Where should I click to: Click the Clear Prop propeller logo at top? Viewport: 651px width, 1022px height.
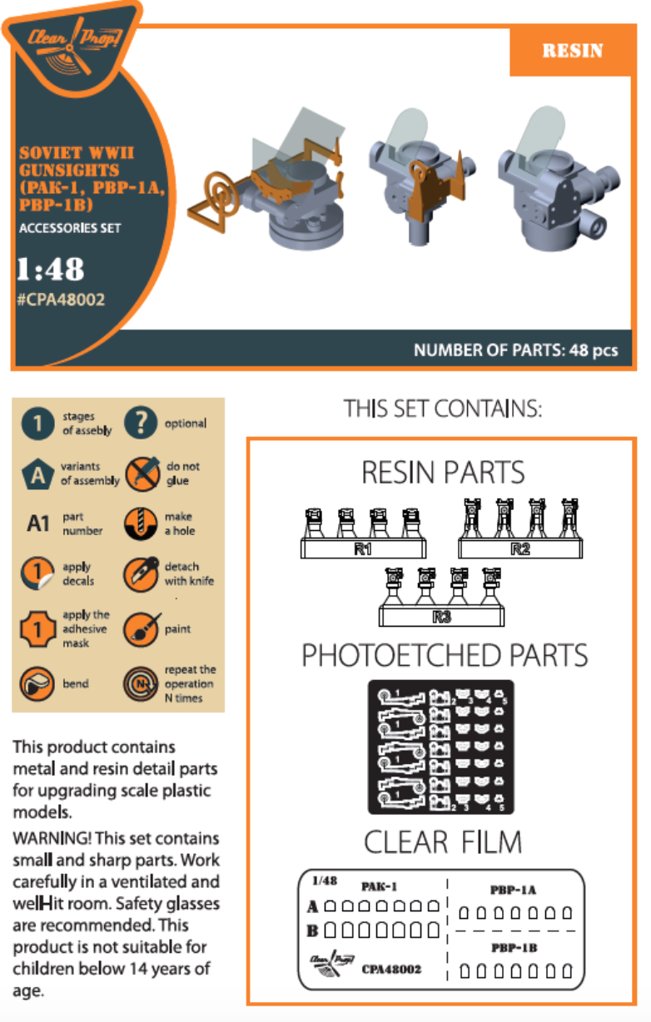73,47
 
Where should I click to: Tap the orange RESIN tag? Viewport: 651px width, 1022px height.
572,51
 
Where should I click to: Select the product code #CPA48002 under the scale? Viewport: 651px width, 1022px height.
61,300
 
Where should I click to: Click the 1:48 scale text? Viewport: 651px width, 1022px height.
50,269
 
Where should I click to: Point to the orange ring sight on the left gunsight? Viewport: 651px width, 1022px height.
222,191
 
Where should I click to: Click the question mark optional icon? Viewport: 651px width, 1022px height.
141,423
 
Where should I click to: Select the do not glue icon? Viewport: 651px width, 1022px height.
142,474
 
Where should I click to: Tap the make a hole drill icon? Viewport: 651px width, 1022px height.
141,523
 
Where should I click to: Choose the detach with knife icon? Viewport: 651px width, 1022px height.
141,574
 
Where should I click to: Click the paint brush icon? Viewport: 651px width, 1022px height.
142,629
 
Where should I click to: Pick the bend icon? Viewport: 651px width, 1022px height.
37,684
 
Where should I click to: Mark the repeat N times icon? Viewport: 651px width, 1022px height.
141,684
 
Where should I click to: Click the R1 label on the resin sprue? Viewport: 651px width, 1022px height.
363,549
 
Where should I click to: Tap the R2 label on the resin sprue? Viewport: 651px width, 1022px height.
520,549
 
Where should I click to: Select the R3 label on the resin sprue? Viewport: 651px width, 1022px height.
441,618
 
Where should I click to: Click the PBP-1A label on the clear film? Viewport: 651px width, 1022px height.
513,890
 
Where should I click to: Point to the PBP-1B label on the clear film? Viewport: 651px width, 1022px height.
514,948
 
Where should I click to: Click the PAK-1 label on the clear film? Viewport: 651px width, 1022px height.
379,886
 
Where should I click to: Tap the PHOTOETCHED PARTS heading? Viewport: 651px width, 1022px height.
445,656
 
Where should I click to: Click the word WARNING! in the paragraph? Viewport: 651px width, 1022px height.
52,838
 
